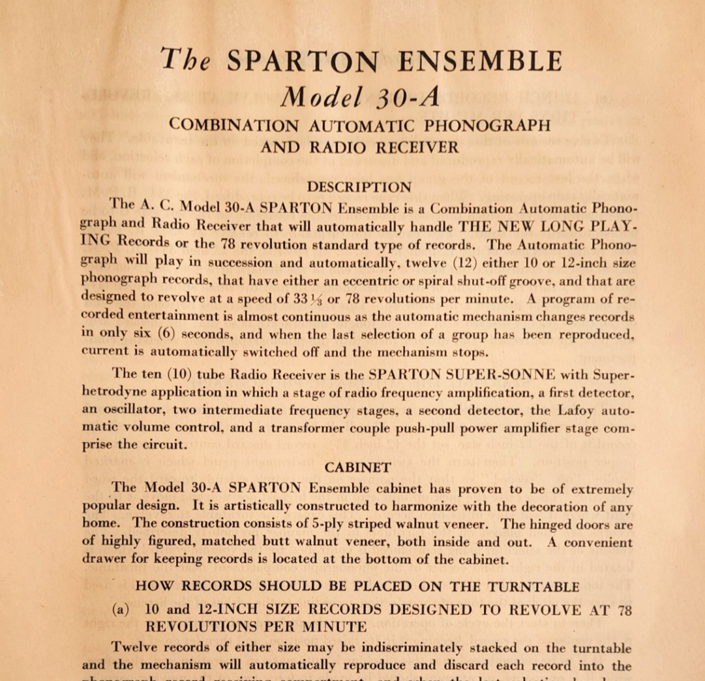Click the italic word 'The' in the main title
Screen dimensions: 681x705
click(x=186, y=61)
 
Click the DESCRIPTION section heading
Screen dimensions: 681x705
click(x=359, y=187)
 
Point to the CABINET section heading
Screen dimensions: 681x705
click(x=358, y=467)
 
